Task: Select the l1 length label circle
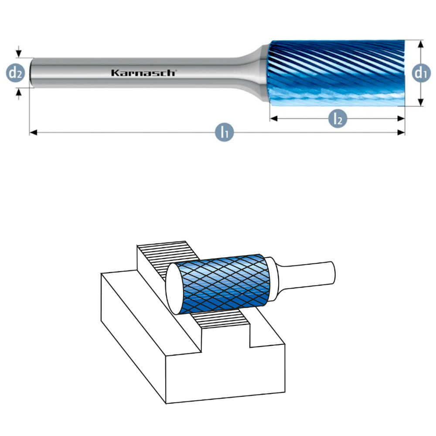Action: click(x=225, y=132)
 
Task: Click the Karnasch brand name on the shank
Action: click(x=143, y=73)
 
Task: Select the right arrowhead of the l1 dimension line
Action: click(x=402, y=132)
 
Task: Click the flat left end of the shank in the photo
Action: click(x=31, y=73)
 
